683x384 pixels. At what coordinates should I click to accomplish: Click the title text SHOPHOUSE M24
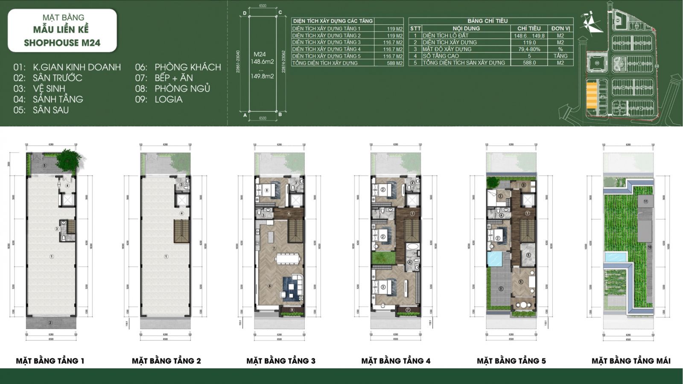(62, 43)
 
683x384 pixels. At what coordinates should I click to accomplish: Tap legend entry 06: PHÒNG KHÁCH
(178, 67)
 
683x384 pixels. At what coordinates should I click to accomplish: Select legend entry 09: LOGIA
(159, 99)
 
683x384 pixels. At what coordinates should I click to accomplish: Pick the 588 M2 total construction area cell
(394, 63)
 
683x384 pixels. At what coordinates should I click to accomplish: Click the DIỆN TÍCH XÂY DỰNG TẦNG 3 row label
(327, 42)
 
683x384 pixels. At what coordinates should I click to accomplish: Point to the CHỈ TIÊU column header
(529, 28)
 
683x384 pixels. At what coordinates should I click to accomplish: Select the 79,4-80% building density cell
(529, 49)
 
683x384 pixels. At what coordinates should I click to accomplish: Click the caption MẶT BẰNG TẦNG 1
(50, 361)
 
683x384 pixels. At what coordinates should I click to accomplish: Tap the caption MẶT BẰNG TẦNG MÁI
(630, 361)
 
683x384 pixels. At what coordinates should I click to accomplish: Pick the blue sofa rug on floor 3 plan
(292, 286)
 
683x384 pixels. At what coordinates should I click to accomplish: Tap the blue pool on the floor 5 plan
(496, 259)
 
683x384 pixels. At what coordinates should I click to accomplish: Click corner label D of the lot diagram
(245, 13)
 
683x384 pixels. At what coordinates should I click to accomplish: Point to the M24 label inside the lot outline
(260, 54)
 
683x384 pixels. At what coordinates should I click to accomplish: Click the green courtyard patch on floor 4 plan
(382, 258)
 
